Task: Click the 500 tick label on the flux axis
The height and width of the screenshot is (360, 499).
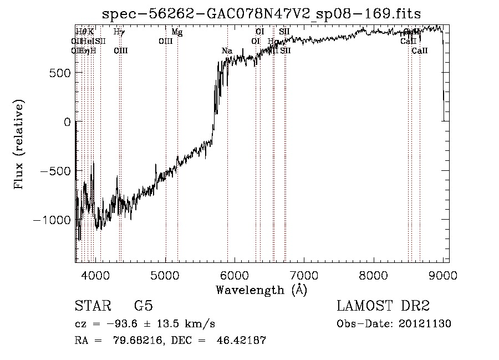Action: (x=60, y=73)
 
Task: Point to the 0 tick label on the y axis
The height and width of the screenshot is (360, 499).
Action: (x=67, y=122)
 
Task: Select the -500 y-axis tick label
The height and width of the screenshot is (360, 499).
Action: (x=56, y=171)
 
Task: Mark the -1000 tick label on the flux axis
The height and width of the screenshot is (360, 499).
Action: (x=53, y=220)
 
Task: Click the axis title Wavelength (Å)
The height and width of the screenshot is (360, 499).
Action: (x=261, y=290)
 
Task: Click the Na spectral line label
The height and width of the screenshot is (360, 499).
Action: (x=227, y=51)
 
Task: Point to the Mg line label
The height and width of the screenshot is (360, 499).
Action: (x=177, y=32)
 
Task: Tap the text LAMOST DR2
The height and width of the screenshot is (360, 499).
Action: (x=383, y=306)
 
